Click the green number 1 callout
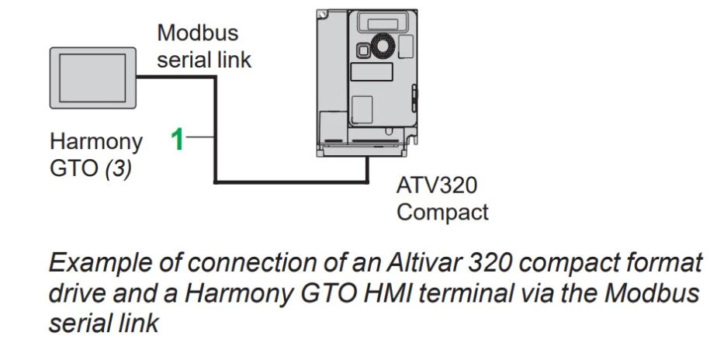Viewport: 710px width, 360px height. (178, 140)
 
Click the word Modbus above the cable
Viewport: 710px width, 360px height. (198, 33)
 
